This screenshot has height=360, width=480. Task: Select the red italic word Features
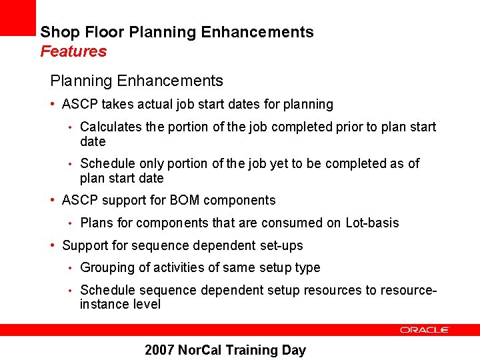click(73, 51)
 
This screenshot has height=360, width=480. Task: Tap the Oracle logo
click(425, 329)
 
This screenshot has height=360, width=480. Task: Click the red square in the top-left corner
click(18, 17)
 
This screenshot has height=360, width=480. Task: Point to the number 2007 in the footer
click(159, 350)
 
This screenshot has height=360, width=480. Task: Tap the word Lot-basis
click(372, 223)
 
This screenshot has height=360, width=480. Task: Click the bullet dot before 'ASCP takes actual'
click(53, 105)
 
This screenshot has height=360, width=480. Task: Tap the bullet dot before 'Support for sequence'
click(53, 245)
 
